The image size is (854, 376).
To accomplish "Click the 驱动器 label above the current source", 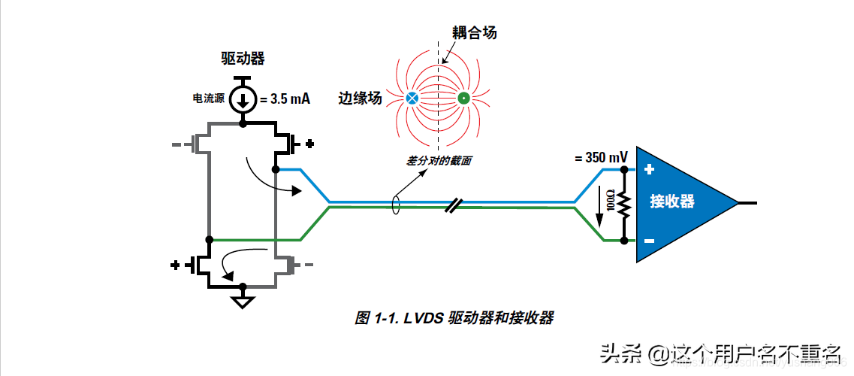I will tap(243, 58).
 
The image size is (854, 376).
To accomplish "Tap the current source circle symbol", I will tap(243, 99).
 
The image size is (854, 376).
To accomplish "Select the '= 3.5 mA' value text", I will tap(285, 99).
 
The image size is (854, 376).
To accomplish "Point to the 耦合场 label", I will tap(474, 32).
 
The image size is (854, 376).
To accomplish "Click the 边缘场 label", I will tap(360, 98).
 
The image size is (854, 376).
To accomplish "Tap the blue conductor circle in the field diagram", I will tap(412, 98).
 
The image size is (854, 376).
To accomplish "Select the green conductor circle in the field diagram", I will tap(463, 98).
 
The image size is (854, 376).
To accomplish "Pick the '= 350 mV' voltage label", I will tap(601, 158).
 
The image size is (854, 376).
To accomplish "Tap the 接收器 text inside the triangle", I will tap(672, 202).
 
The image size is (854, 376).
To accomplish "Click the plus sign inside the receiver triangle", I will tap(649, 170).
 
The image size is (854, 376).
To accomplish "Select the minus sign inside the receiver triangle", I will tap(649, 241).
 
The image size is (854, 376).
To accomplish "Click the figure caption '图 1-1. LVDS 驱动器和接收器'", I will tap(454, 318).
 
